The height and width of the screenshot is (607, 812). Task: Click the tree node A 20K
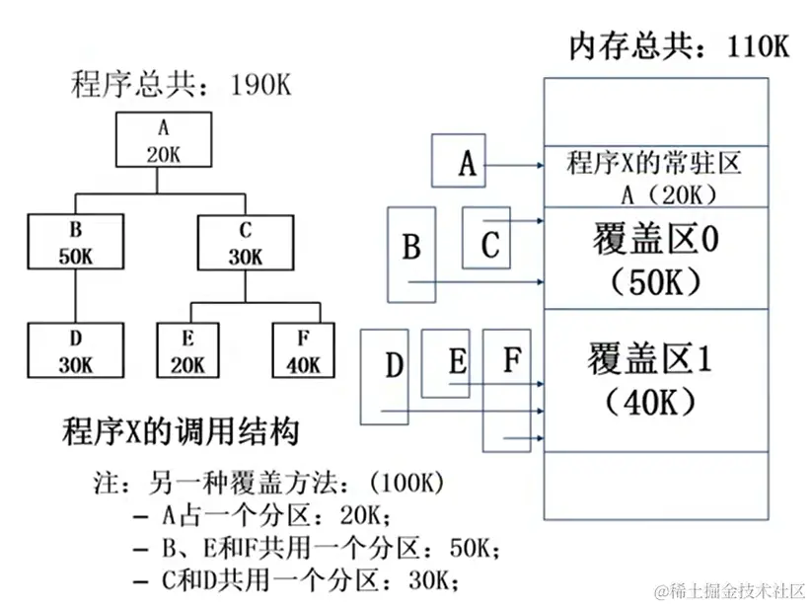[163, 140]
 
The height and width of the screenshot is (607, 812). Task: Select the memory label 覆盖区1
[655, 357]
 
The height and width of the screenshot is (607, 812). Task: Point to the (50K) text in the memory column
[656, 282]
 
